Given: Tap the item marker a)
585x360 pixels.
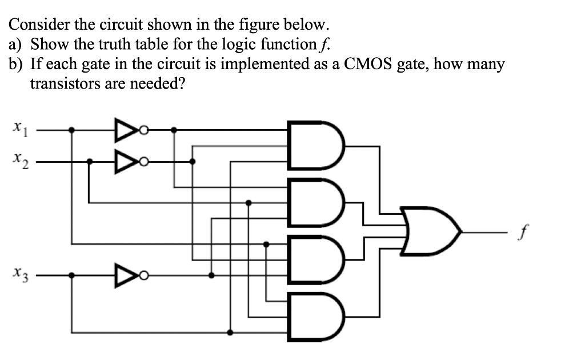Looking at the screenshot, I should tap(16, 45).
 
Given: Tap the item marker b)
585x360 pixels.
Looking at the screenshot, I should tap(16, 64).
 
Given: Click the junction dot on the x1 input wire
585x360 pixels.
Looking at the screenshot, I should tap(71, 130).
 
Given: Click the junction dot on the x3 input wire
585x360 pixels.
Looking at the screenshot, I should tap(71, 275).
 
